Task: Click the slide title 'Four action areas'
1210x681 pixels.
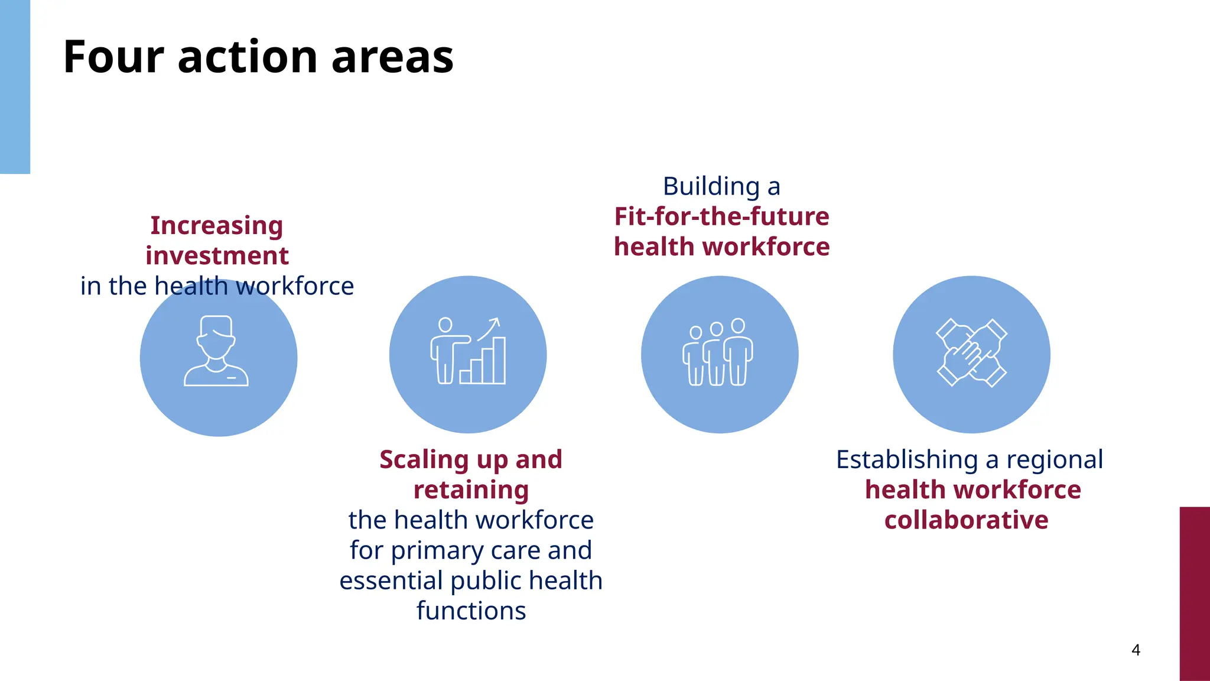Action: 258,57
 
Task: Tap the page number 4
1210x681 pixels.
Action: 1136,650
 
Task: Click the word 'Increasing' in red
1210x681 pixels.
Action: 217,225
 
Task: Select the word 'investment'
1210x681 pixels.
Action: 217,255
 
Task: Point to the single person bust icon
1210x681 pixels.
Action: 216,351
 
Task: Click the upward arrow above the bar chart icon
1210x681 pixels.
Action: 490,328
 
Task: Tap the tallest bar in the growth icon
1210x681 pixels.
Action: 499,360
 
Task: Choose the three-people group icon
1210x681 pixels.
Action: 718,352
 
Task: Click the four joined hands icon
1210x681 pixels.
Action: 971,353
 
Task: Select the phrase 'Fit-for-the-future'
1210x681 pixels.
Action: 721,216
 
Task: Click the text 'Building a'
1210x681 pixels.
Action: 721,186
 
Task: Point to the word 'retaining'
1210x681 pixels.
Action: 471,490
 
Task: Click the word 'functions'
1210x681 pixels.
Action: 471,611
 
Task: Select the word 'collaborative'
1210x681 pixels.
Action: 966,520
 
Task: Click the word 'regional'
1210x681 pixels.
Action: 1055,459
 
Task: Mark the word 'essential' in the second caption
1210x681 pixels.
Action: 391,581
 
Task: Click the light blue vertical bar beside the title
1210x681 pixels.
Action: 15,87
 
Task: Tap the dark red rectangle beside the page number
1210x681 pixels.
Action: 1195,594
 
